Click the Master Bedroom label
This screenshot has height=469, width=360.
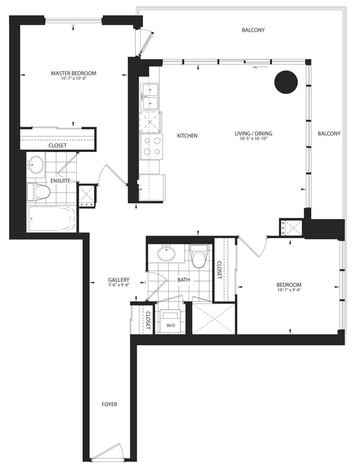pyautogui.click(x=73, y=73)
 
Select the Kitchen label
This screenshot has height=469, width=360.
pyautogui.click(x=187, y=136)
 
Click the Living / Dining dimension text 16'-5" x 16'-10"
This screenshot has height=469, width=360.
pyautogui.click(x=253, y=139)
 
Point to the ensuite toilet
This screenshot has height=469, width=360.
pyautogui.click(x=37, y=192)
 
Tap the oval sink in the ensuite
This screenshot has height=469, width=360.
pyautogui.click(x=36, y=164)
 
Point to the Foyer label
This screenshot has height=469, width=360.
pyautogui.click(x=109, y=404)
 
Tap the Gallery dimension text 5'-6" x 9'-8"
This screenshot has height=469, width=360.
pyautogui.click(x=119, y=285)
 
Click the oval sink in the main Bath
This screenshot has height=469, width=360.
pyautogui.click(x=167, y=254)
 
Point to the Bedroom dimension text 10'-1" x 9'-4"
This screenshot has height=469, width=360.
pyautogui.click(x=289, y=290)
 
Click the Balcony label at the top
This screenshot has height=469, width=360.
pyautogui.click(x=253, y=30)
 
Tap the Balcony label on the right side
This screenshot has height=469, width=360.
pyautogui.click(x=329, y=133)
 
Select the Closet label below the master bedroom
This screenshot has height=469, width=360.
pyautogui.click(x=58, y=145)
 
